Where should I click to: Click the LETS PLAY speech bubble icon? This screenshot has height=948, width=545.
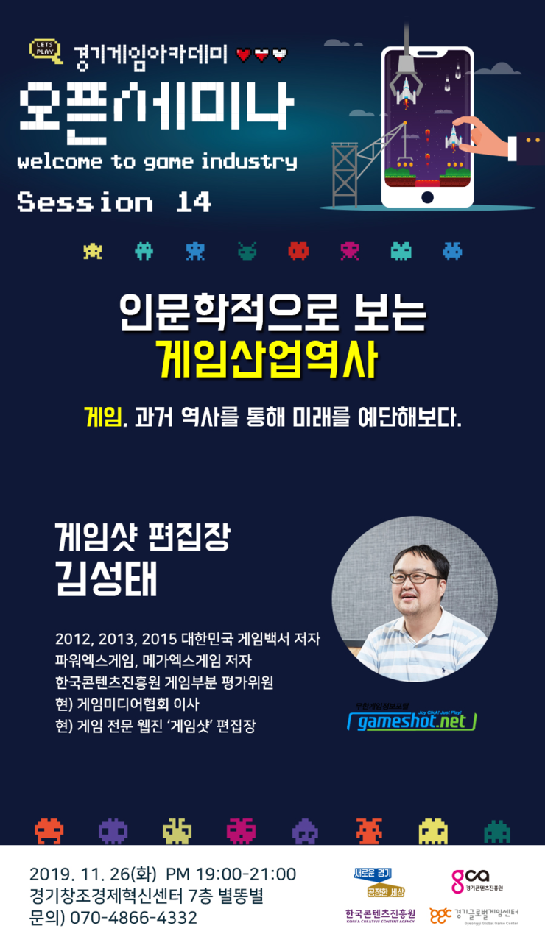tap(46, 51)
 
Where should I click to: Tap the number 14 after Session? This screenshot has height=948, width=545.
tap(193, 202)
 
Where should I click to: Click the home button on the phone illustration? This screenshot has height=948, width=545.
tap(427, 197)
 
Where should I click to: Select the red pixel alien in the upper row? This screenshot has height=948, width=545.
tap(298, 250)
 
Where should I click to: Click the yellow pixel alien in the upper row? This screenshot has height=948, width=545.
tap(93, 250)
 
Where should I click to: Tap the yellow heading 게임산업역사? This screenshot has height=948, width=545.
tap(267, 359)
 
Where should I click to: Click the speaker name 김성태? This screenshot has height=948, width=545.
tap(106, 579)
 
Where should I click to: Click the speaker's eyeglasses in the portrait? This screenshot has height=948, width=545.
tap(414, 578)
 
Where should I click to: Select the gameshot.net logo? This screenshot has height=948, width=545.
tap(412, 719)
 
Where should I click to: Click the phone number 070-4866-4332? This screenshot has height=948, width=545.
tap(133, 918)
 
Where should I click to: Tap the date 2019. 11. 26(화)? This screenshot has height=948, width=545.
tap(93, 874)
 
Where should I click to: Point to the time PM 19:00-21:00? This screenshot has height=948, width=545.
tap(231, 874)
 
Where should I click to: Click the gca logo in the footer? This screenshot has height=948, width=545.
tap(477, 881)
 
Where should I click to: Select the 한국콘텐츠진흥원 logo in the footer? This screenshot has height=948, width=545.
tap(380, 916)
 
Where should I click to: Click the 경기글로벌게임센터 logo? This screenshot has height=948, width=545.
tap(474, 916)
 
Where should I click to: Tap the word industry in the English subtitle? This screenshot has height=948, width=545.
tap(249, 162)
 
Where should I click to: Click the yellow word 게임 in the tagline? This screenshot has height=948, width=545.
tap(103, 417)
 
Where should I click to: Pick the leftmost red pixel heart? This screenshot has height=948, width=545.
tap(244, 54)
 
